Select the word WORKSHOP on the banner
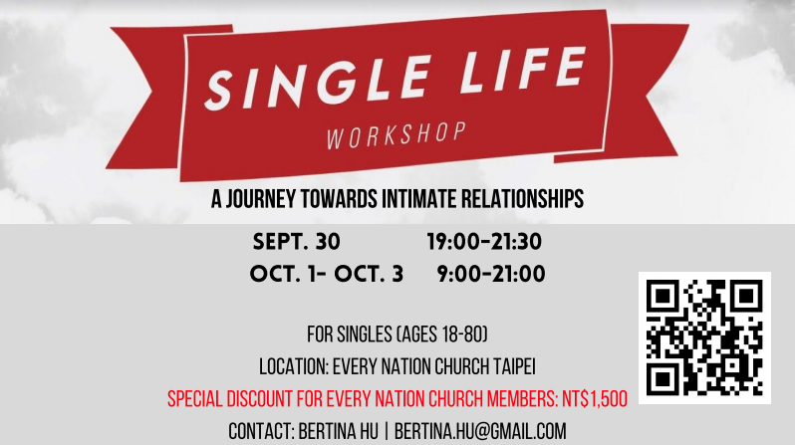tap(396, 135)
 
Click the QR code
tap(704, 338)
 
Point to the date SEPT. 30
tap(297, 242)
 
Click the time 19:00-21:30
tap(484, 242)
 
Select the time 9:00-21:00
tap(491, 274)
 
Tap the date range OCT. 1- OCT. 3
tap(327, 274)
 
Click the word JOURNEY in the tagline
tap(261, 199)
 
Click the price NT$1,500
tap(595, 399)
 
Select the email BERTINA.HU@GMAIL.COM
tap(480, 432)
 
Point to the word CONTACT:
tap(262, 432)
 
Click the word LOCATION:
tap(294, 367)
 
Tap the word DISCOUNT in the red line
tap(260, 399)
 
